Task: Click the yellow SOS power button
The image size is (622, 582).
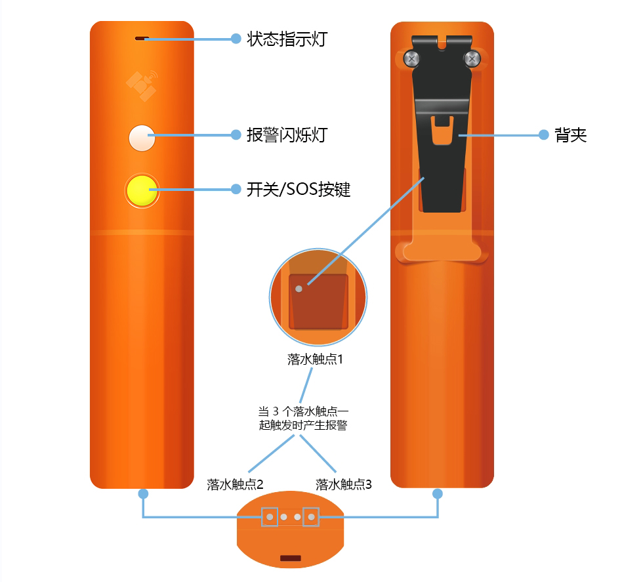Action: (x=142, y=190)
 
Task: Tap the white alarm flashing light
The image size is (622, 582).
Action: (x=142, y=138)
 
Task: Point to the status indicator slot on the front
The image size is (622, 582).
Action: (x=142, y=39)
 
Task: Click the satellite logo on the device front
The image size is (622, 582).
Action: (x=142, y=86)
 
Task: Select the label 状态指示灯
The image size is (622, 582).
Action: (x=287, y=39)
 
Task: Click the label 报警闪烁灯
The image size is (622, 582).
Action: (x=287, y=135)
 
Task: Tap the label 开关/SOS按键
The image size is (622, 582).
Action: (x=299, y=189)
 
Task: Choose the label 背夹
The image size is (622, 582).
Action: (x=570, y=135)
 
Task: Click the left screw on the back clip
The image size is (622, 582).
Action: (x=411, y=59)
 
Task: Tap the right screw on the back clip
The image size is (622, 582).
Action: (x=472, y=59)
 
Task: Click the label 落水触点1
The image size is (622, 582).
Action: (x=315, y=359)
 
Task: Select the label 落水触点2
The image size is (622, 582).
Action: (x=235, y=484)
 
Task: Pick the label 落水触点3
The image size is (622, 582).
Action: (x=344, y=484)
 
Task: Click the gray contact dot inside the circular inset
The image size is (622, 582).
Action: (x=299, y=289)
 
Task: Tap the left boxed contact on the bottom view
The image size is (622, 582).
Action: (x=270, y=517)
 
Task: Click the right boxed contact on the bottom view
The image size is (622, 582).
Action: (x=311, y=517)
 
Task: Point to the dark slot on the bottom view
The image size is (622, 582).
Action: (x=291, y=558)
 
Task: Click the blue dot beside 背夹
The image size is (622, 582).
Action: (x=543, y=135)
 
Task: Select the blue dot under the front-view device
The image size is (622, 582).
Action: (x=143, y=493)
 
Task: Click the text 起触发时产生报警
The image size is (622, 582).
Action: (x=303, y=425)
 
